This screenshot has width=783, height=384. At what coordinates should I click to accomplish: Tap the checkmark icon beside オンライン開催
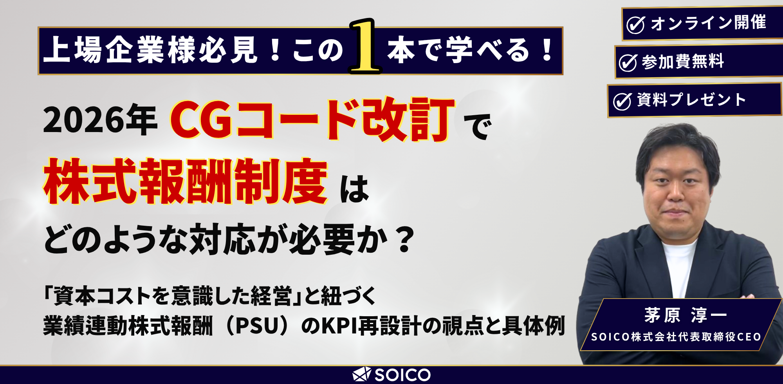(635, 25)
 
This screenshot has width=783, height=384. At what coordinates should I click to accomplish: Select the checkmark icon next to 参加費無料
(628, 63)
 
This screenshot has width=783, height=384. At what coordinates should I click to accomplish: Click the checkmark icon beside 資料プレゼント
(622, 101)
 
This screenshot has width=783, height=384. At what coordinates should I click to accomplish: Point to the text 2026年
(100, 120)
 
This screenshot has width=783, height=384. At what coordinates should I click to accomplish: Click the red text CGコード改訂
(312, 120)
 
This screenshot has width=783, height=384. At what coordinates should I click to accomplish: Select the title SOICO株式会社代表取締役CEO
(676, 337)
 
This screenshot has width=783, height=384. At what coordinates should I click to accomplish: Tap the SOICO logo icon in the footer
(361, 375)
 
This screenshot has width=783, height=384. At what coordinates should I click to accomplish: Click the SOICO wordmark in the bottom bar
(402, 375)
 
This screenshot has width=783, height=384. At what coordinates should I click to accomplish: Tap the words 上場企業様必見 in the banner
(150, 50)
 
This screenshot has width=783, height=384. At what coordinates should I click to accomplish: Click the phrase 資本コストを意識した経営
(172, 296)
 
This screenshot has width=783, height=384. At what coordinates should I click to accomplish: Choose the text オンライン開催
(708, 23)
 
